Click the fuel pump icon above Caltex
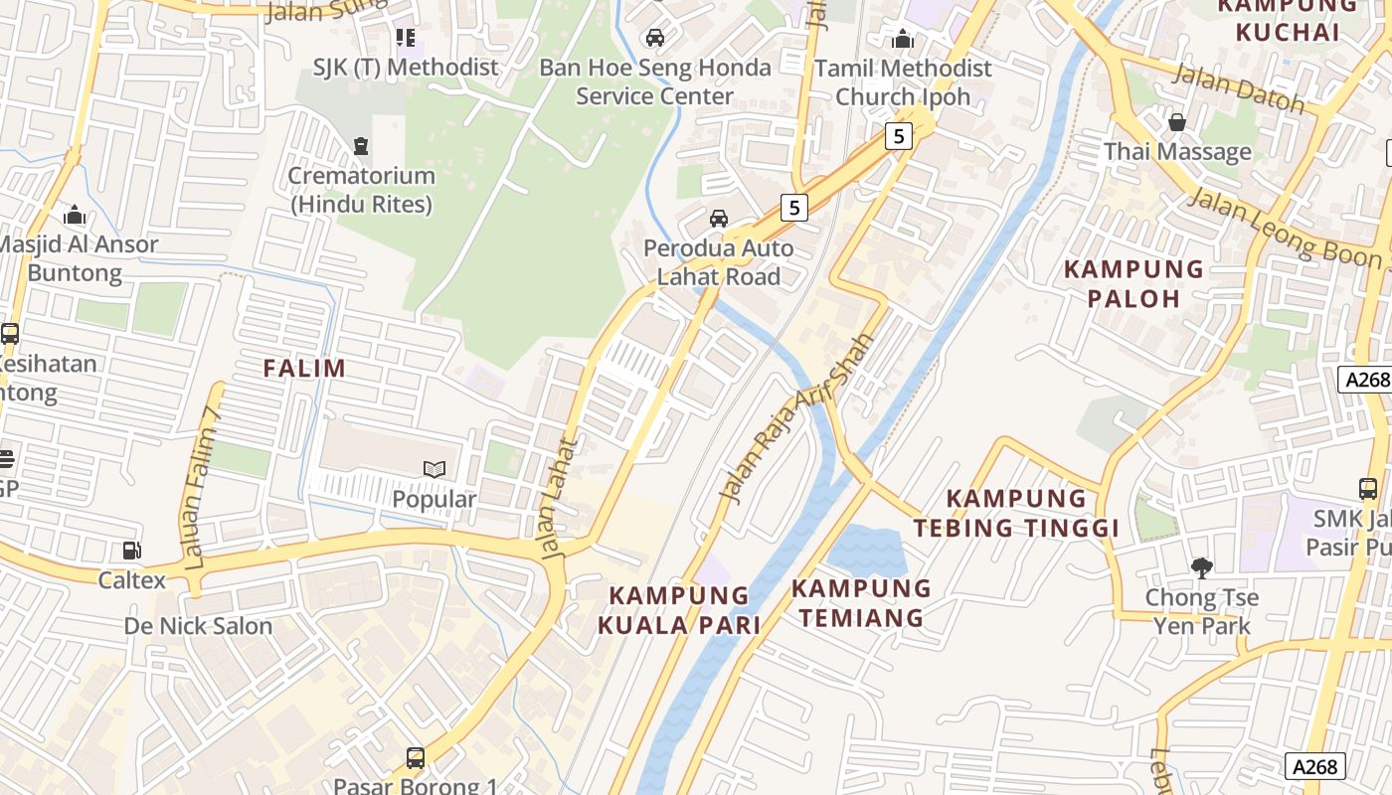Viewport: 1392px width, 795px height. tap(130, 550)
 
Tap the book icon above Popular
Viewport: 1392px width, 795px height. tap(434, 469)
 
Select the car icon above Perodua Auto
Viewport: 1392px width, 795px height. tap(718, 218)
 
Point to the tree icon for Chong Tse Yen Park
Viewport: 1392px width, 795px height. tap(1202, 568)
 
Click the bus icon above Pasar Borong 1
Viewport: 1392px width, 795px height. tap(415, 758)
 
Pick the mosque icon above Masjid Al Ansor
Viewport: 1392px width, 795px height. tap(75, 215)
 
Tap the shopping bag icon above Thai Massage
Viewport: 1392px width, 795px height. tap(1177, 122)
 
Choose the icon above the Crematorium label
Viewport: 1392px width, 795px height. tap(361, 146)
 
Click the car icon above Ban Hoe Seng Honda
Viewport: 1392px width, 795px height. tap(654, 38)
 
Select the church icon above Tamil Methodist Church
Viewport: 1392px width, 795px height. tap(903, 39)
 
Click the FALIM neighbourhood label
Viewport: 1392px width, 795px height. tap(304, 369)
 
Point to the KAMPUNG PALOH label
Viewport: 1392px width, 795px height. tap(1134, 283)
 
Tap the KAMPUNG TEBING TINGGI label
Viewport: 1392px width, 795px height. tap(1016, 513)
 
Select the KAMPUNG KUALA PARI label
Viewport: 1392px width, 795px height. tap(679, 610)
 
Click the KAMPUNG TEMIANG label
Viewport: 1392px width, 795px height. tap(861, 603)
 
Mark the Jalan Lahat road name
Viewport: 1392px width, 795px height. tap(559, 497)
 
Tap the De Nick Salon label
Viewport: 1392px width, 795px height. tap(198, 626)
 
